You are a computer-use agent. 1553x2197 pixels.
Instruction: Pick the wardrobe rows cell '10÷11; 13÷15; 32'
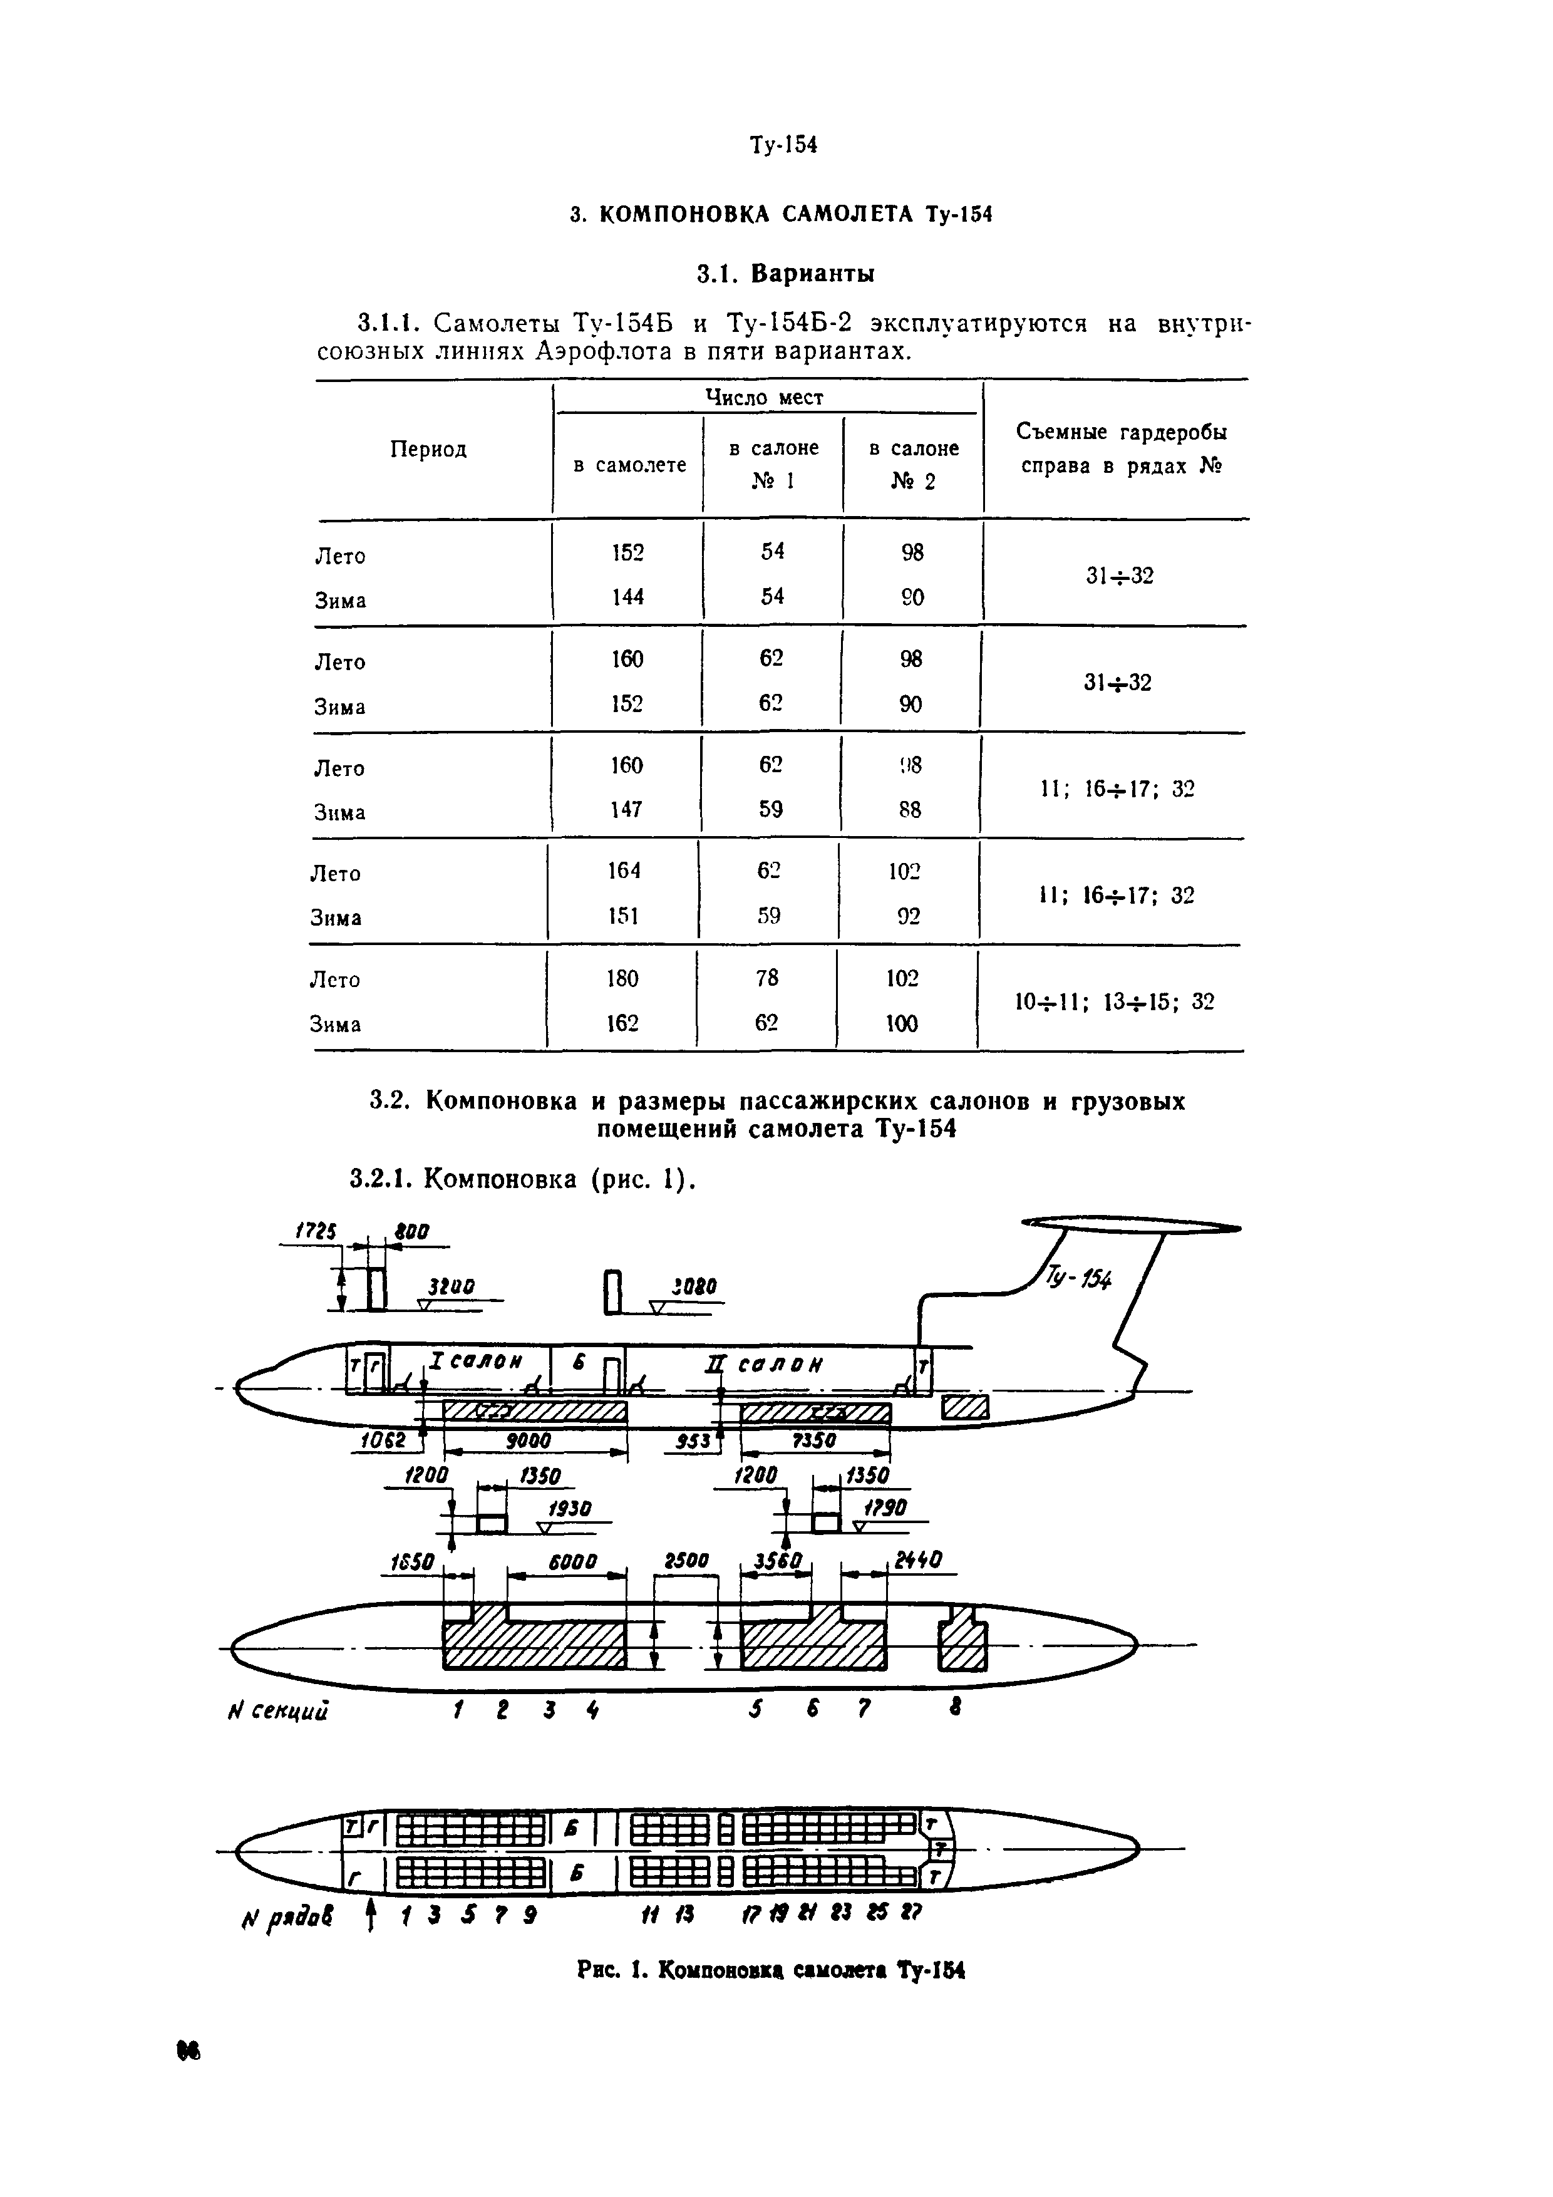pyautogui.click(x=1114, y=1002)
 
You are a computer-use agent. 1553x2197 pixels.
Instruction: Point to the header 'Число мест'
pyautogui.click(x=765, y=397)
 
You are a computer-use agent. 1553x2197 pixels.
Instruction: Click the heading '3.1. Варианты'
pyautogui.click(x=785, y=274)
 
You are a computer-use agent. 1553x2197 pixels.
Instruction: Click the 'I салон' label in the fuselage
pyautogui.click(x=475, y=1361)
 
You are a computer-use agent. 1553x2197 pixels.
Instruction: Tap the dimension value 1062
pyautogui.click(x=384, y=1441)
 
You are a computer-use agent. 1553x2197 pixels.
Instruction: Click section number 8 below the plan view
pyautogui.click(x=954, y=1706)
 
